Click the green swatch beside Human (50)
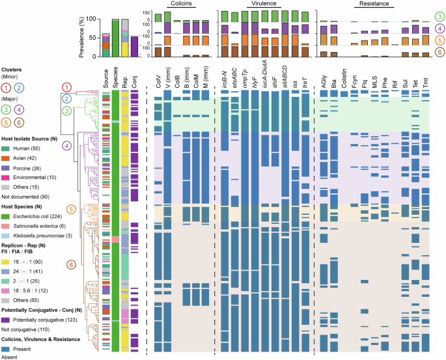[5, 150]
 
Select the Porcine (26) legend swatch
[5, 167]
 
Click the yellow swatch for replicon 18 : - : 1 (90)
[5, 262]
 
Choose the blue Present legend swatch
[5, 348]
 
